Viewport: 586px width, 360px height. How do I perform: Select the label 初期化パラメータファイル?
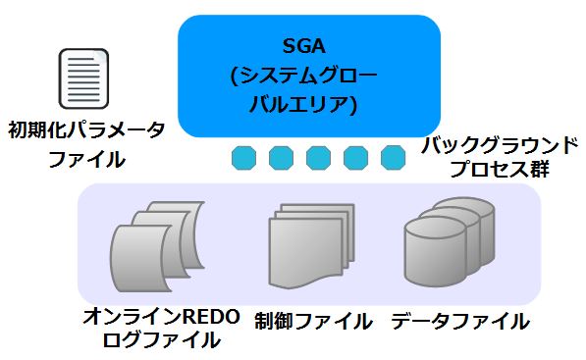coord(86,143)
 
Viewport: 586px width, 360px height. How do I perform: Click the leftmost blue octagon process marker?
coord(241,156)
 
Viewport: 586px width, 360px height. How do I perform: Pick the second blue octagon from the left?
coord(280,156)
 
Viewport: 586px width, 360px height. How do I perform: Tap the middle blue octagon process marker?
coord(318,156)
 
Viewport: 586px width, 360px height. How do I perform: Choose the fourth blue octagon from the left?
coord(355,156)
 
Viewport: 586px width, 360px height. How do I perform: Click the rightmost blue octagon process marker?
coord(393,156)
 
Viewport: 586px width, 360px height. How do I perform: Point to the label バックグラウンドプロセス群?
coord(499,156)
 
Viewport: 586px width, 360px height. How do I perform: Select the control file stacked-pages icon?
coord(310,245)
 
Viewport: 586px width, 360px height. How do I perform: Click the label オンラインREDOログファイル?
coord(161,329)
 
